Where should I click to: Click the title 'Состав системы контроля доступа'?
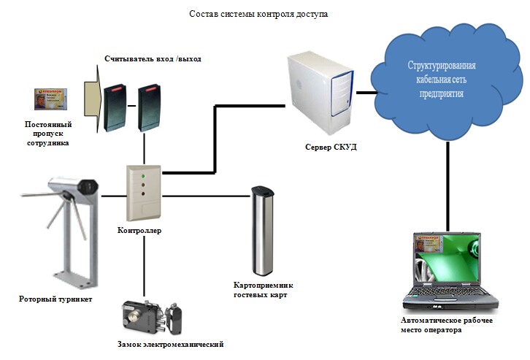tap(259, 15)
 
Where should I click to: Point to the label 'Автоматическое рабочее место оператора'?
tap(442, 325)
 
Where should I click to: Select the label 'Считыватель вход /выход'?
tap(152, 58)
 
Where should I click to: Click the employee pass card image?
tap(52, 99)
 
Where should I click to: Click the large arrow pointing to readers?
tap(91, 99)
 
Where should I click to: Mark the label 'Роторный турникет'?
tap(55, 299)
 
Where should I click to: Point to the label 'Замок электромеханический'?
tap(170, 344)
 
